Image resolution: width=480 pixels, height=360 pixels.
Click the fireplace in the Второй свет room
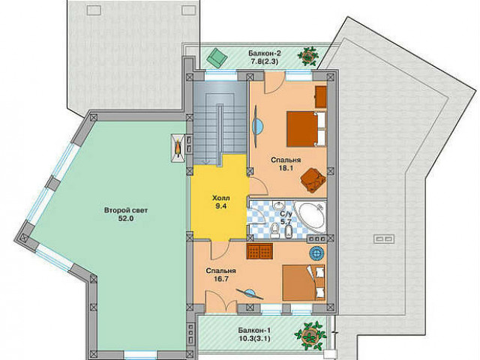tap(178, 148)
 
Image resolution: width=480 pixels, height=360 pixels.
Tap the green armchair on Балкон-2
tap(217, 57)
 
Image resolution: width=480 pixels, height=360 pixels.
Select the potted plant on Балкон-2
tap(307, 56)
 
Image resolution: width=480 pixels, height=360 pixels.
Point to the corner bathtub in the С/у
tap(310, 216)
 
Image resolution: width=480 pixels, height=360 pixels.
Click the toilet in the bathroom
tap(274, 230)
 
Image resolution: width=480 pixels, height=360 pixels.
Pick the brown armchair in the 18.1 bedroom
tap(313, 180)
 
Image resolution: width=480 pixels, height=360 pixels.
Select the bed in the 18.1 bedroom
tap(305, 129)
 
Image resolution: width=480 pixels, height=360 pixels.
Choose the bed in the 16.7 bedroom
tap(303, 283)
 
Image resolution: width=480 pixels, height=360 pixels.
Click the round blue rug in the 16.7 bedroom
tap(316, 253)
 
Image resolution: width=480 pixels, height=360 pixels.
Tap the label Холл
tap(220, 198)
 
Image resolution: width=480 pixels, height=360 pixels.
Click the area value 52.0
tap(126, 218)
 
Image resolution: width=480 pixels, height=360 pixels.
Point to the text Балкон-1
tap(254, 331)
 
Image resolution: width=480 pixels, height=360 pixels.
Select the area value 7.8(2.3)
tap(265, 61)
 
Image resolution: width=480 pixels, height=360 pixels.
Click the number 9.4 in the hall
tap(220, 206)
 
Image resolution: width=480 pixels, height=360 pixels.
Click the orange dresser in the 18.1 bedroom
tap(320, 97)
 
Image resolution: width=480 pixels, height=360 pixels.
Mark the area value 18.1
tap(286, 168)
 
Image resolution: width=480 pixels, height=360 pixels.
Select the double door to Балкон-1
tap(221, 301)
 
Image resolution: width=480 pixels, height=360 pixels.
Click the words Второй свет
tap(126, 211)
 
